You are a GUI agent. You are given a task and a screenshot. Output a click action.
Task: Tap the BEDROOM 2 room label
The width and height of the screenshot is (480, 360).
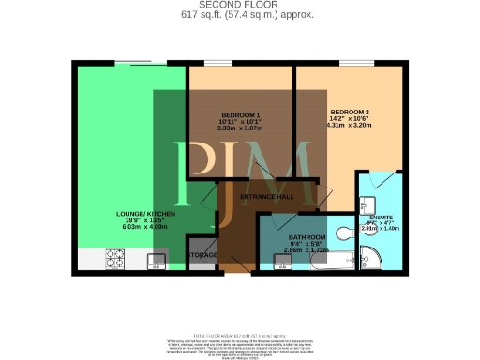350,112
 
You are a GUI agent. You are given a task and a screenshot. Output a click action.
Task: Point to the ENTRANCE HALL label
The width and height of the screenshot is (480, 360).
267,196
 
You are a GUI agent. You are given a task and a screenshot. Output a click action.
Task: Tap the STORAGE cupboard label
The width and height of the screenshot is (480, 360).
202,255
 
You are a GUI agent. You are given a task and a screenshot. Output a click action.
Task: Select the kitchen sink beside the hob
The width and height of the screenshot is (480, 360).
156,260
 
